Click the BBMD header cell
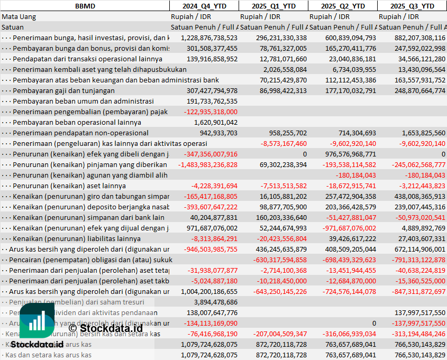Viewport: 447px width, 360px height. pyautogui.click(x=85, y=6)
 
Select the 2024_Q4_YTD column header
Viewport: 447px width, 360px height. pyautogui.click(x=204, y=6)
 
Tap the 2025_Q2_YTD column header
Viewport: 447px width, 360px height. pyautogui.click(x=343, y=6)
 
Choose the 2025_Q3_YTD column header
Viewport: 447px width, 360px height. pyautogui.click(x=412, y=6)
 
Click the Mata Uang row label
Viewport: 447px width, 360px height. pyautogui.click(x=19, y=16)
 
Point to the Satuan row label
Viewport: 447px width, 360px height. pyautogui.click(x=13, y=27)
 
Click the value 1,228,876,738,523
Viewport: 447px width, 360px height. pyautogui.click(x=209, y=38)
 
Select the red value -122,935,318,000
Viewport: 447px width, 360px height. pyautogui.click(x=211, y=112)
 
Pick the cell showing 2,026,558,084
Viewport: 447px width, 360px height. pyautogui.click(x=285, y=69)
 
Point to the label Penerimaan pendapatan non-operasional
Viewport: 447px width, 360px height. pyautogui.click(x=80, y=133)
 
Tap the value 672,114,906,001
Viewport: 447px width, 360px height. pyautogui.click(x=412, y=249)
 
